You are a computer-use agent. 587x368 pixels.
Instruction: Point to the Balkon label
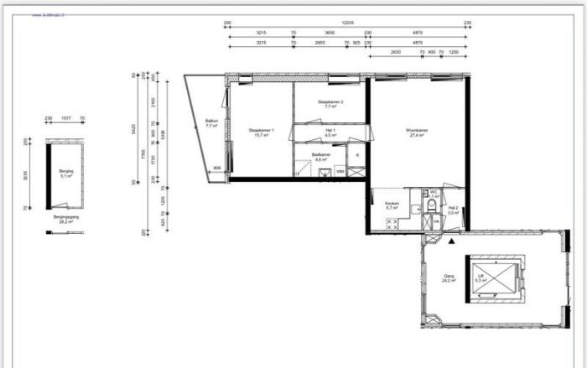211,122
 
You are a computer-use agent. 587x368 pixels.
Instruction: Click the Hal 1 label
330,132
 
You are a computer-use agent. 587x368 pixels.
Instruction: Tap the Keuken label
392,205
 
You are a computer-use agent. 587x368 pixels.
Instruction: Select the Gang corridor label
449,277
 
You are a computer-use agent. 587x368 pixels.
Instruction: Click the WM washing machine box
340,170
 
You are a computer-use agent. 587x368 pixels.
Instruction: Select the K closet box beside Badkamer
357,156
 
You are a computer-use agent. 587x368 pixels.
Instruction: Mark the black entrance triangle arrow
451,241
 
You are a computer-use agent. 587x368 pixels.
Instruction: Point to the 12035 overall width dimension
346,24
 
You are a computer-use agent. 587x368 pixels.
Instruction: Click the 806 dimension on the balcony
217,168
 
